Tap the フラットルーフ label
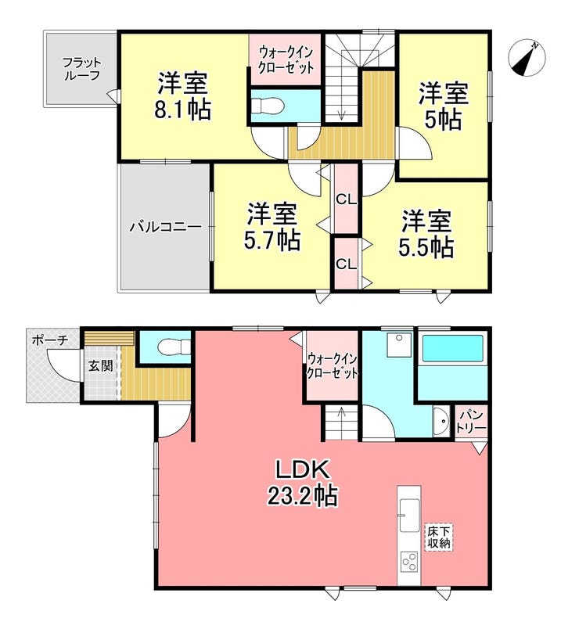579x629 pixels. pos(82,68)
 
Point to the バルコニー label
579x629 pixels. pos(166,228)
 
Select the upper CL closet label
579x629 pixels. pos(346,199)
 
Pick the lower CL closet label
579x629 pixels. pos(345,264)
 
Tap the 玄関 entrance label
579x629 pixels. pos(99,365)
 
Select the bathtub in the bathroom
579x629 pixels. pos(453,348)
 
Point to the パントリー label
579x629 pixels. pos(472,422)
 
